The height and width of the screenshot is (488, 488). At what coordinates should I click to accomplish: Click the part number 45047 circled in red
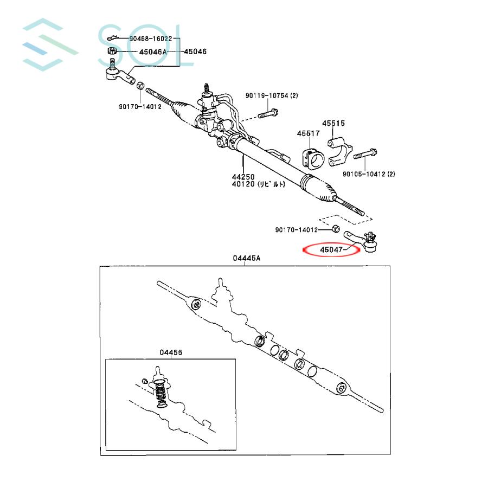tap(331, 250)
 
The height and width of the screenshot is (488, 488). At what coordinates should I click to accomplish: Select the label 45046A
tap(146, 52)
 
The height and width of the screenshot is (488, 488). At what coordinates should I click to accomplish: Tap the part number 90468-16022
tap(150, 38)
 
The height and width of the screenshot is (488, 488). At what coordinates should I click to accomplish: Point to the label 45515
tap(334, 124)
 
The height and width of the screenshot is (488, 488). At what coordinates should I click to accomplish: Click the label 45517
tap(308, 133)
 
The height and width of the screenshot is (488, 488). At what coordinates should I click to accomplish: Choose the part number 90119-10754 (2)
tap(272, 95)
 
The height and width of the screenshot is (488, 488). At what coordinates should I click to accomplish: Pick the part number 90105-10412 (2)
tap(369, 174)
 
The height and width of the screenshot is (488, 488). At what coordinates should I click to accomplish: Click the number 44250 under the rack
tap(243, 177)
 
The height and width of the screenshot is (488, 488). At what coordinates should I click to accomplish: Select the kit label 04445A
tap(247, 259)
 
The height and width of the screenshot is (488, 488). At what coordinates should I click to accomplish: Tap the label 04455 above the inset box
tap(171, 352)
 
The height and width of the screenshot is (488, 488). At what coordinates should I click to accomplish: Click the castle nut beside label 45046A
tap(111, 53)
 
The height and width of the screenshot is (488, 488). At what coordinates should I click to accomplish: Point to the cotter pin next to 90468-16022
tap(113, 38)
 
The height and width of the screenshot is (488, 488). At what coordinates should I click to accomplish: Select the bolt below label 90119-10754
tap(267, 115)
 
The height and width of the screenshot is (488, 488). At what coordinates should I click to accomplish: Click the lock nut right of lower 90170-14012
tap(336, 229)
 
